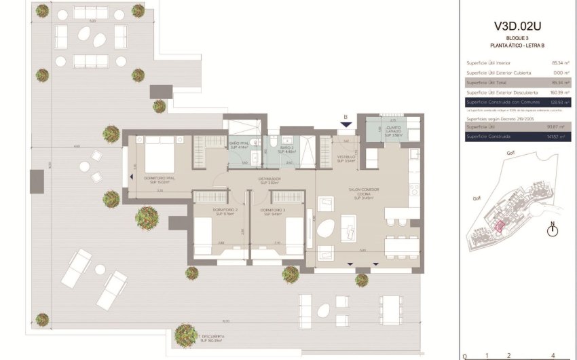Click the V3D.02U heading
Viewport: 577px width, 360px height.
(517, 26)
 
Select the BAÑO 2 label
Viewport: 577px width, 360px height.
(286, 149)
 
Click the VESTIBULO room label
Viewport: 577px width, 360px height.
(346, 159)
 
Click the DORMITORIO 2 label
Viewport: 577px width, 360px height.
(225, 212)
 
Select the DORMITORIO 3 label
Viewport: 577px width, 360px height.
(273, 212)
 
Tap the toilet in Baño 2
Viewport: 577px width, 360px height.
(273, 140)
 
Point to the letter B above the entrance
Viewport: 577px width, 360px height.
(346, 117)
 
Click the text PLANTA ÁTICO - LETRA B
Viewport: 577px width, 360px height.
(517, 45)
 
